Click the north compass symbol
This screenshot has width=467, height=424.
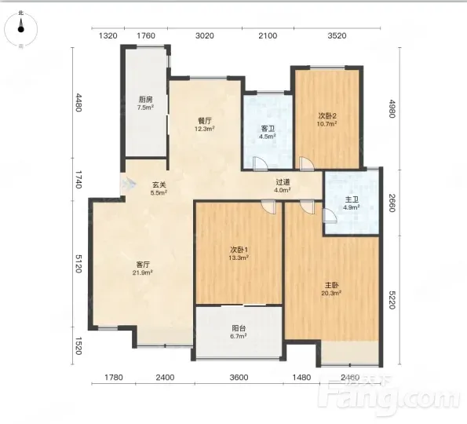(21, 29)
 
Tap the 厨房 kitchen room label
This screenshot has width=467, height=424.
(145, 103)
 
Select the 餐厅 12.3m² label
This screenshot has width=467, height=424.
(205, 125)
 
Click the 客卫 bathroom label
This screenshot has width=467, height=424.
(268, 133)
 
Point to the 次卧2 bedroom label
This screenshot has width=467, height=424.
(327, 119)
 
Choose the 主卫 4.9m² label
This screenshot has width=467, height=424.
(352, 203)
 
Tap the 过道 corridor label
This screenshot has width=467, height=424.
(283, 185)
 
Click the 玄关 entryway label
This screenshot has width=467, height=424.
(159, 188)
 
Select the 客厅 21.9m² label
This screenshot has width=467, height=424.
(143, 269)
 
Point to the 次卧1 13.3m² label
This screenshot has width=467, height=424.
(239, 254)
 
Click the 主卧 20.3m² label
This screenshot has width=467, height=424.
(331, 289)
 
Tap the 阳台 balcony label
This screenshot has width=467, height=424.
(239, 332)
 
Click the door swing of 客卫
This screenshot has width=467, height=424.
(260, 163)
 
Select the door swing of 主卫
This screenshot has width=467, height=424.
(330, 216)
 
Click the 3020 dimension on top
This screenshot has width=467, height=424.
(205, 36)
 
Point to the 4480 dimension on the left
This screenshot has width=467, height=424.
(78, 103)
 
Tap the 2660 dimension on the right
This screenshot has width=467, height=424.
(392, 203)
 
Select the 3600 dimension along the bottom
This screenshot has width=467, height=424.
(239, 378)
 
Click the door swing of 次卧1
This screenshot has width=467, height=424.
(268, 207)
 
